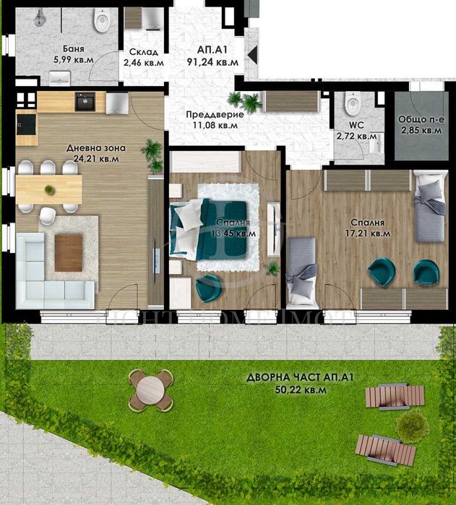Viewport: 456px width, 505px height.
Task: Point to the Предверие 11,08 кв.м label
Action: (x=215, y=120)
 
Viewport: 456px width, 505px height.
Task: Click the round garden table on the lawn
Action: (x=150, y=389)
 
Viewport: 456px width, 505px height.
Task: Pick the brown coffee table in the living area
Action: (x=69, y=253)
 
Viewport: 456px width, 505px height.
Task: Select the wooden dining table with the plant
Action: (x=48, y=189)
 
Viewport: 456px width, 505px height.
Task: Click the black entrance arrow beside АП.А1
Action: (x=251, y=54)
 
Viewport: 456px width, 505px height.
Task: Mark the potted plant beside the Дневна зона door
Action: (x=152, y=154)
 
